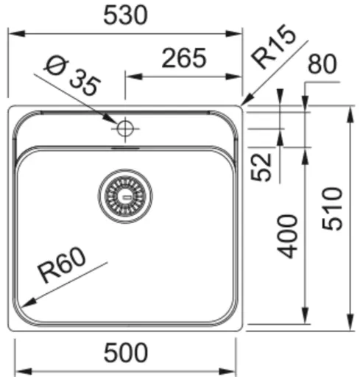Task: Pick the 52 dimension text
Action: [x=263, y=166]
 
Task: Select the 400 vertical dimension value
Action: [x=289, y=235]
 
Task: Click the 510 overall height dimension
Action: [x=332, y=209]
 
